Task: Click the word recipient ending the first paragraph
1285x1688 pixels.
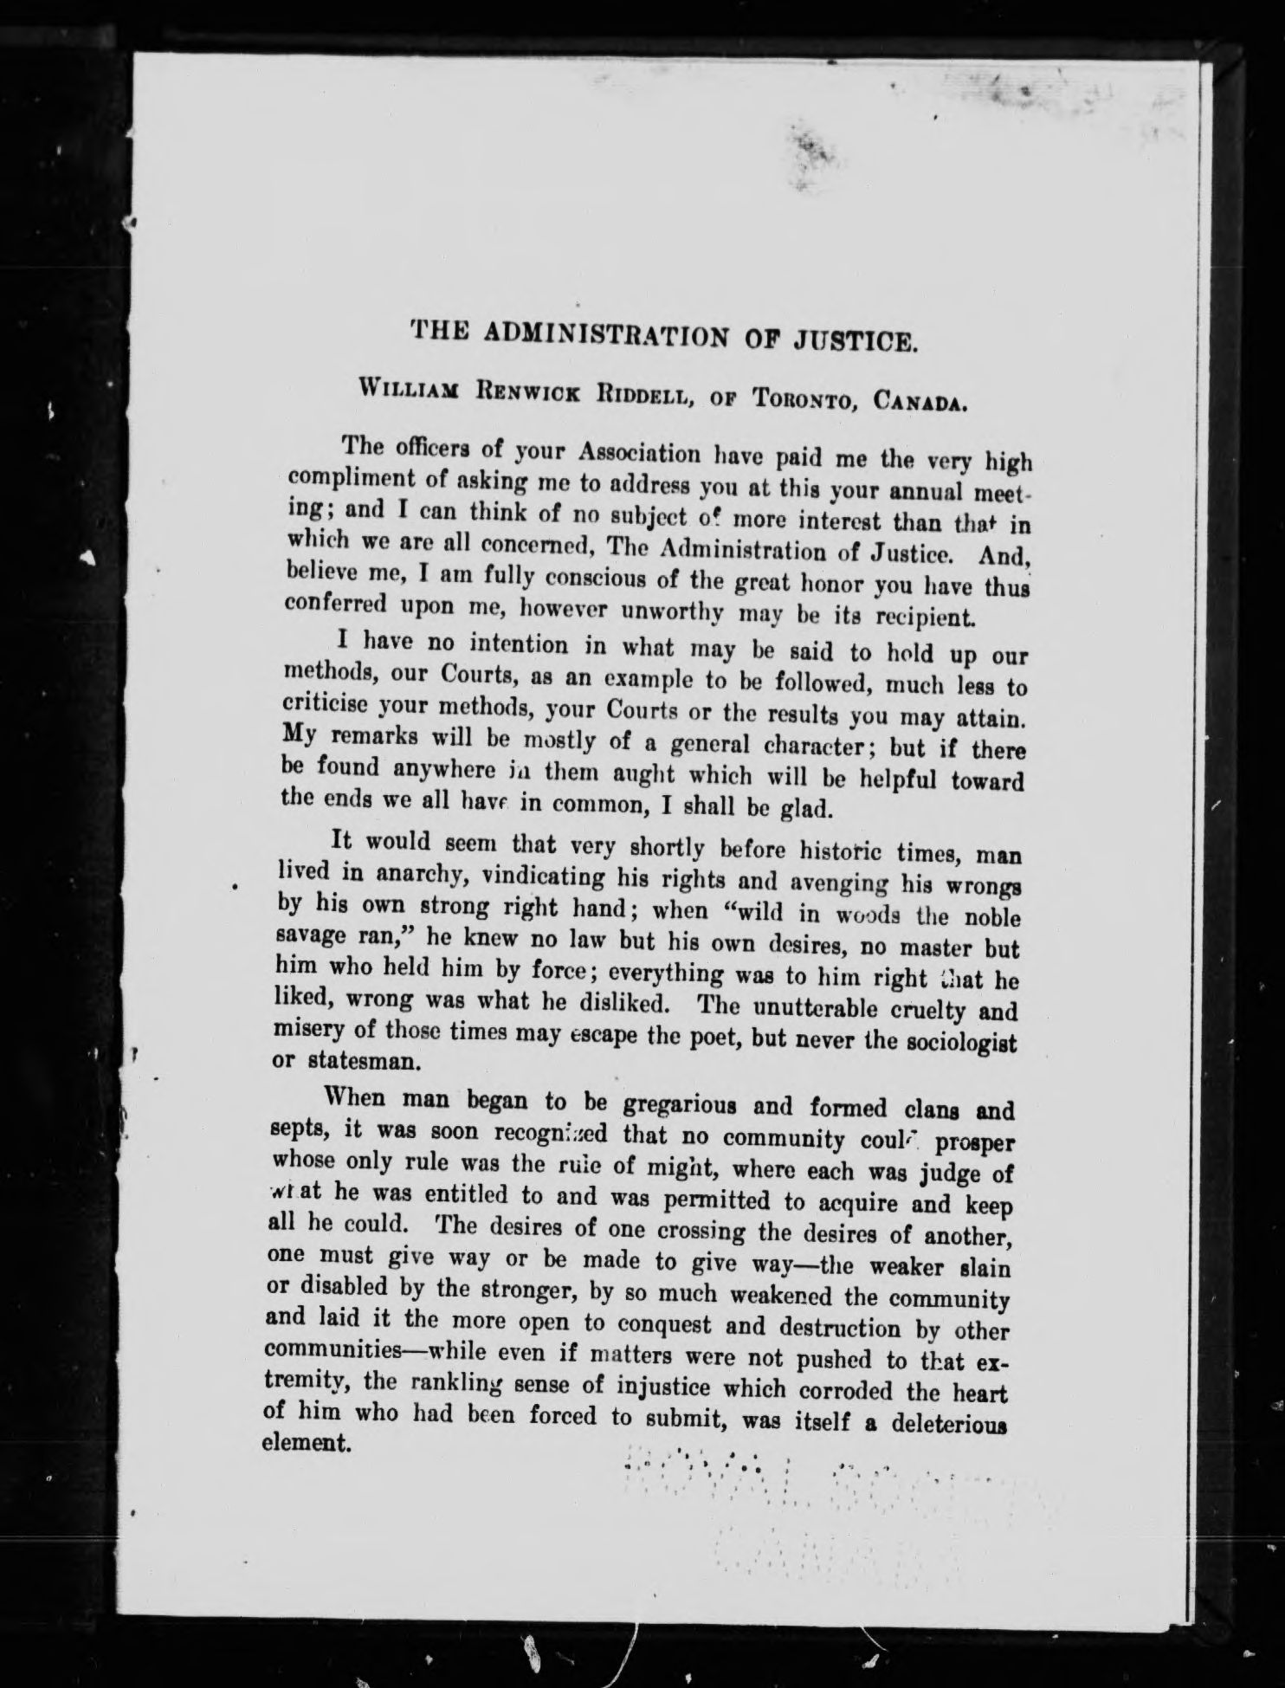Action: coord(929,619)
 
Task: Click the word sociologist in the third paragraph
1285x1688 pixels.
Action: coord(956,1041)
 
